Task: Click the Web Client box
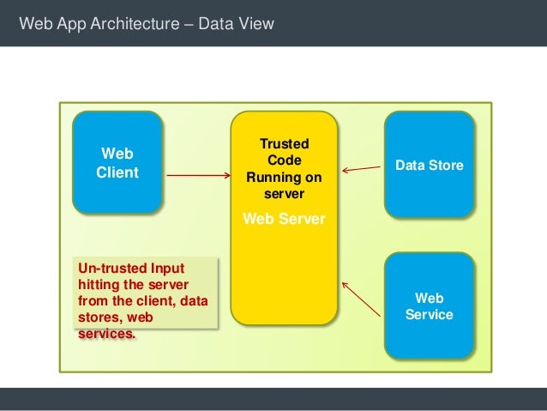pyautogui.click(x=117, y=161)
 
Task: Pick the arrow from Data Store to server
pyautogui.click(x=362, y=167)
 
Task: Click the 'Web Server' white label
pyautogui.click(x=285, y=219)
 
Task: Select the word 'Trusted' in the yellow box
pyautogui.click(x=285, y=144)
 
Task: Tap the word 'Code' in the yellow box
pyautogui.click(x=285, y=160)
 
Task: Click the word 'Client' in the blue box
pyautogui.click(x=117, y=172)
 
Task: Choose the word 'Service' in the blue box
pyautogui.click(x=430, y=315)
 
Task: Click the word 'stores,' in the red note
pyautogui.click(x=101, y=317)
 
